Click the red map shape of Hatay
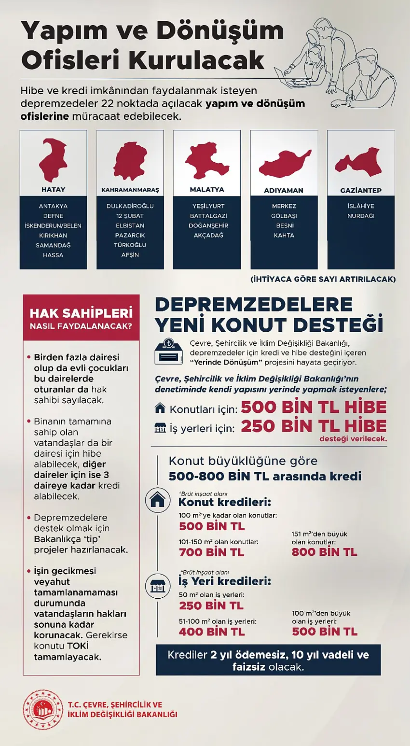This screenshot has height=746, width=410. click(x=53, y=160)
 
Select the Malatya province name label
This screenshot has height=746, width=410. click(x=207, y=190)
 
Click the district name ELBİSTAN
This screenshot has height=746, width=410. click(x=130, y=225)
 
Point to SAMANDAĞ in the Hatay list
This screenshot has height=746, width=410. click(x=53, y=245)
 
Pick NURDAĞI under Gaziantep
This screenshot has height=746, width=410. click(x=361, y=216)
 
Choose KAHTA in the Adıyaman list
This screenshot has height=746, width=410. click(x=284, y=235)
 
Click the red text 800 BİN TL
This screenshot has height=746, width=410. click(x=324, y=552)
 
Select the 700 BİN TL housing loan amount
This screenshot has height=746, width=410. click(x=211, y=552)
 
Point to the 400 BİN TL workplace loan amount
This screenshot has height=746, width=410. click(x=211, y=632)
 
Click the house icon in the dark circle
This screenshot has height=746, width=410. click(x=158, y=500)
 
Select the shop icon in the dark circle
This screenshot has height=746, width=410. click(x=158, y=586)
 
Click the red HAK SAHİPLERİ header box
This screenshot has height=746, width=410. click(x=81, y=318)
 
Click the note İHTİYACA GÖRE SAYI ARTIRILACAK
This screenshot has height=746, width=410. click(x=323, y=279)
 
